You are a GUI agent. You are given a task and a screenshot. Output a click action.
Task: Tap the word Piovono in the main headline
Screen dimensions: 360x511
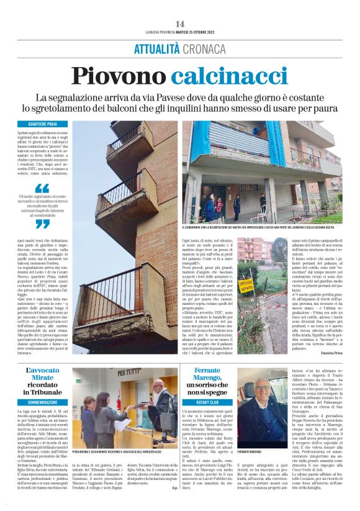pos(119,76)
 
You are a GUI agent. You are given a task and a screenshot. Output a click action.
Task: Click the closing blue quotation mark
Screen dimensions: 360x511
pos(42,224)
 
